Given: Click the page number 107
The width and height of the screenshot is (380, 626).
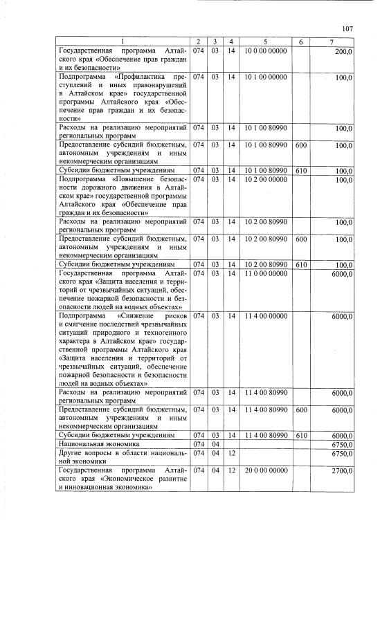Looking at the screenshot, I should (347, 28).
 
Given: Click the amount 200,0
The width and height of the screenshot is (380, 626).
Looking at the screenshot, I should (343, 52).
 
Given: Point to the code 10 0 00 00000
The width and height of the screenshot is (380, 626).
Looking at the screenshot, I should (264, 52).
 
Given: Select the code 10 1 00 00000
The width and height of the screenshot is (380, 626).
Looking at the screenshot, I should (264, 76).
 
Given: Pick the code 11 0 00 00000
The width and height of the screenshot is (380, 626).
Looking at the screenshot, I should (264, 273).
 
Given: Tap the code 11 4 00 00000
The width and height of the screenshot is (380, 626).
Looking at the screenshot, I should (264, 315).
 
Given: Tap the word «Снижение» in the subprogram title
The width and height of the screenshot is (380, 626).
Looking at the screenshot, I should (143, 315).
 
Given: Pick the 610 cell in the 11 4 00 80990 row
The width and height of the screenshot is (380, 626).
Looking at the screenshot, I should (301, 436).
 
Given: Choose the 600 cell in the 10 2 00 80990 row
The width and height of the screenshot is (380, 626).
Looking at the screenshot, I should (301, 239).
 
